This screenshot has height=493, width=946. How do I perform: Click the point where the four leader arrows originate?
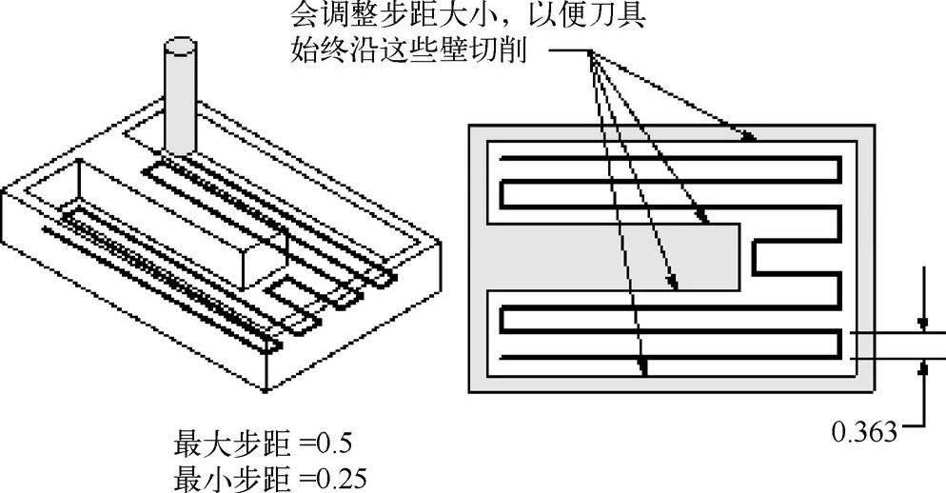591,53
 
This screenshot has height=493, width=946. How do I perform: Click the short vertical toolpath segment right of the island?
754,256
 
